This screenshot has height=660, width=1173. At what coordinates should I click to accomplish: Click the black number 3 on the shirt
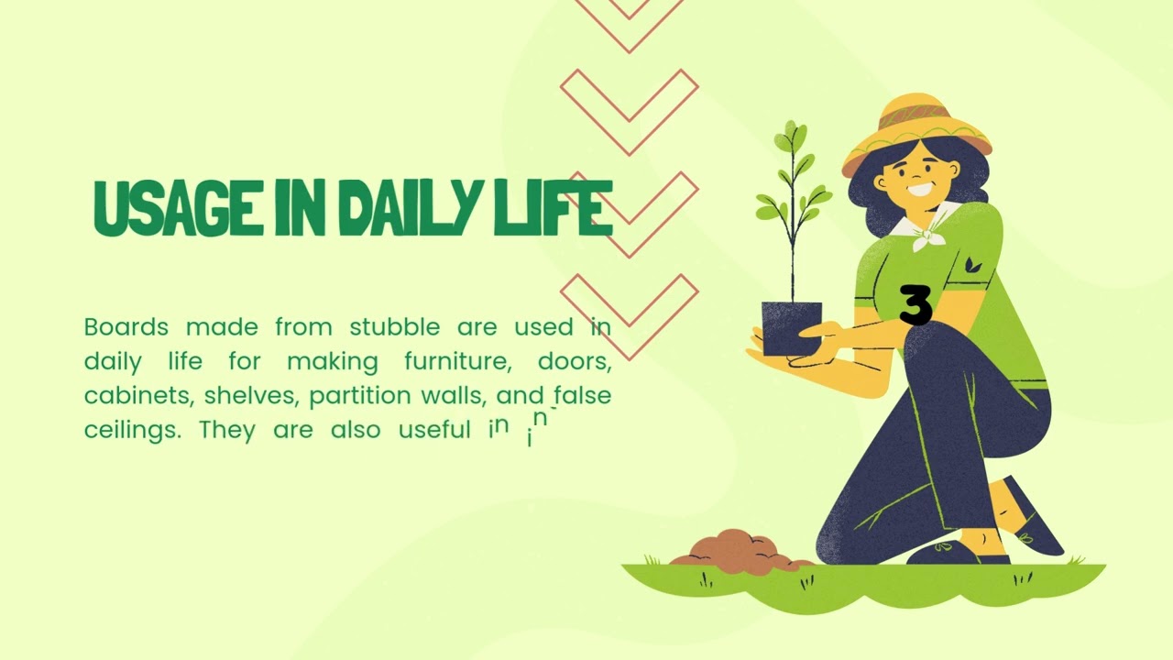click(x=915, y=305)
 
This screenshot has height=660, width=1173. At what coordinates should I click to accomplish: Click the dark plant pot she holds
click(x=791, y=327)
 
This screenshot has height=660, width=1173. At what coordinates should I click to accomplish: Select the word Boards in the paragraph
click(x=126, y=327)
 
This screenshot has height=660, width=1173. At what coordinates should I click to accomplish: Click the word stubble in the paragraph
click(x=394, y=327)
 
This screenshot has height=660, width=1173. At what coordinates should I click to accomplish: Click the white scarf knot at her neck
click(x=927, y=234)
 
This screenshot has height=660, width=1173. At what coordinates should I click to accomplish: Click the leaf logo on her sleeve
click(x=972, y=265)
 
